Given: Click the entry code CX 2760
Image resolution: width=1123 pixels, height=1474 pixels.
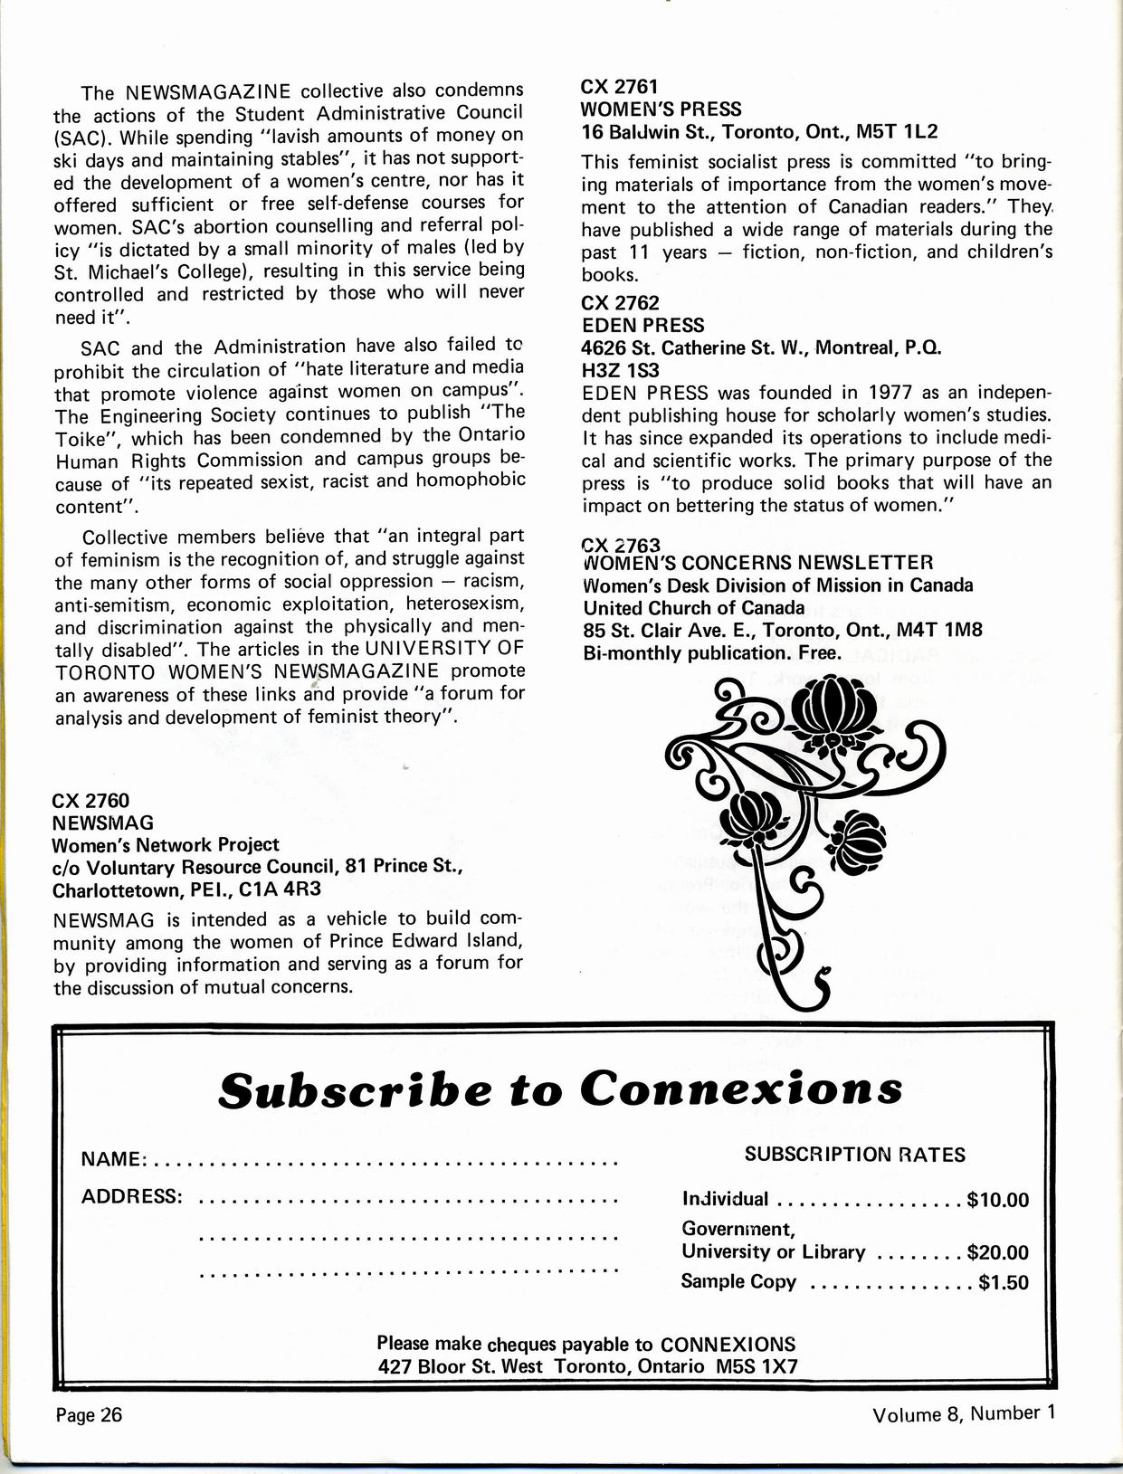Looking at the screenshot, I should pyautogui.click(x=91, y=801).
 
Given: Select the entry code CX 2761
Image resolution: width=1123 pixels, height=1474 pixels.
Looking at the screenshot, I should pyautogui.click(x=619, y=87).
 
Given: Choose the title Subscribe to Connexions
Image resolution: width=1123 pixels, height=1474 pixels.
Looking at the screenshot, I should pyautogui.click(x=560, y=1089).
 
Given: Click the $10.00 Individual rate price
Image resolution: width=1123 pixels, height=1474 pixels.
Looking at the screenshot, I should pyautogui.click(x=997, y=1201).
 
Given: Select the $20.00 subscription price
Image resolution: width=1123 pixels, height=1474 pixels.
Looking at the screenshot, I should pyautogui.click(x=997, y=1253).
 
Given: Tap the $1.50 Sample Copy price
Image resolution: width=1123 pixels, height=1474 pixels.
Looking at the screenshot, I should pyautogui.click(x=1004, y=1282).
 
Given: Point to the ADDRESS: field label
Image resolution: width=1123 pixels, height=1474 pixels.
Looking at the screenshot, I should pyautogui.click(x=132, y=1197).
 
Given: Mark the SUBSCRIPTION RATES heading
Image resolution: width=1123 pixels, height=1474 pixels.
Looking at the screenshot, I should pyautogui.click(x=854, y=1155).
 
